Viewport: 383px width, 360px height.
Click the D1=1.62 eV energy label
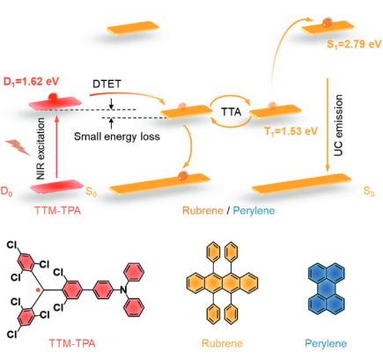[x=31, y=81]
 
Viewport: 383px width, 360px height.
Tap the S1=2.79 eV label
[x=354, y=44]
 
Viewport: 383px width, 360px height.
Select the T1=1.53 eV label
[x=291, y=131]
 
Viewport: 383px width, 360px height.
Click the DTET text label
[x=107, y=84]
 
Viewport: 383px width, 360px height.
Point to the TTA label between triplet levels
[x=231, y=112]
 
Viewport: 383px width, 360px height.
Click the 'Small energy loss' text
[x=117, y=136]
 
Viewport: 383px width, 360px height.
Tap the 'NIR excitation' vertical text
[x=41, y=149]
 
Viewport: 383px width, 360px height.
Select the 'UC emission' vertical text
[x=338, y=125]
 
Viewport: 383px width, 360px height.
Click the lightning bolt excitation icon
[x=18, y=147]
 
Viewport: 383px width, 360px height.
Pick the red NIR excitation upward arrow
[x=57, y=147]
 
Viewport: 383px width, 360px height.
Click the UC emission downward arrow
[x=328, y=125]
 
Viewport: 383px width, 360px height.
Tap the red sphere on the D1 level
[x=53, y=98]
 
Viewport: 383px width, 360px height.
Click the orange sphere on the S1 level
[x=327, y=23]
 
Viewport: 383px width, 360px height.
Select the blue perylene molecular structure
[x=326, y=289]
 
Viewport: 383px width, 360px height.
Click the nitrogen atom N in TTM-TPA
[x=123, y=290]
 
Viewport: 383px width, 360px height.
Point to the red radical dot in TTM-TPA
[x=38, y=290]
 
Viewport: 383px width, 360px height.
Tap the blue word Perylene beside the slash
[x=254, y=210]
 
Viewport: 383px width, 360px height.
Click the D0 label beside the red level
[x=6, y=191]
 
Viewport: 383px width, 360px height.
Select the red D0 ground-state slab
[x=57, y=187]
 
